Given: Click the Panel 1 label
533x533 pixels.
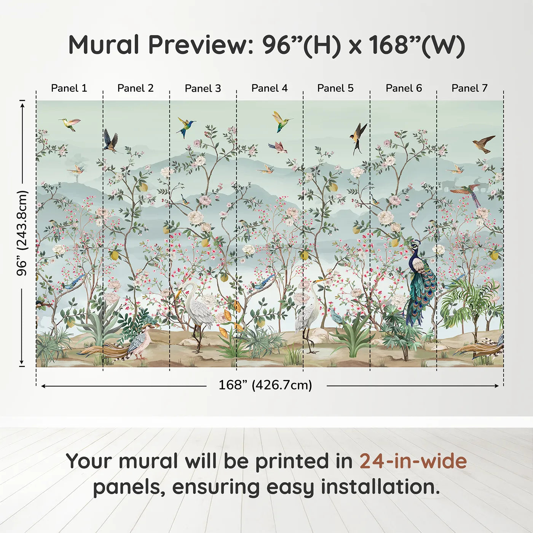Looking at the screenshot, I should click(x=69, y=88).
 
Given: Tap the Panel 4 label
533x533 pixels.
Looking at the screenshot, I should click(x=269, y=88).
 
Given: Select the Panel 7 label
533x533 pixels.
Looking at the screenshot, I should click(x=469, y=88).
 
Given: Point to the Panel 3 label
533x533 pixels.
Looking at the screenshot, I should click(x=203, y=88).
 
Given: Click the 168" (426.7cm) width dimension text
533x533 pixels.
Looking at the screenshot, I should click(x=265, y=385).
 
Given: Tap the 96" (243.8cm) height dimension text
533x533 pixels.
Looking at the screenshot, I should click(x=22, y=233).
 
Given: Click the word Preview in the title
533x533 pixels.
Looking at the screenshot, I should click(x=198, y=45).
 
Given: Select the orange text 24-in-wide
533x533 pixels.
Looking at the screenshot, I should click(x=413, y=461).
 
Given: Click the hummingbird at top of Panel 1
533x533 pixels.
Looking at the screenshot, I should click(x=70, y=123).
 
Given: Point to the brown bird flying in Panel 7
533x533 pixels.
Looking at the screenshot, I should click(x=484, y=144).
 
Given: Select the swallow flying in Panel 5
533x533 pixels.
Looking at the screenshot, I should click(x=358, y=136).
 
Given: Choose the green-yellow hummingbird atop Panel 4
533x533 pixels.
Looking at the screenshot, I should click(x=281, y=121).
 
